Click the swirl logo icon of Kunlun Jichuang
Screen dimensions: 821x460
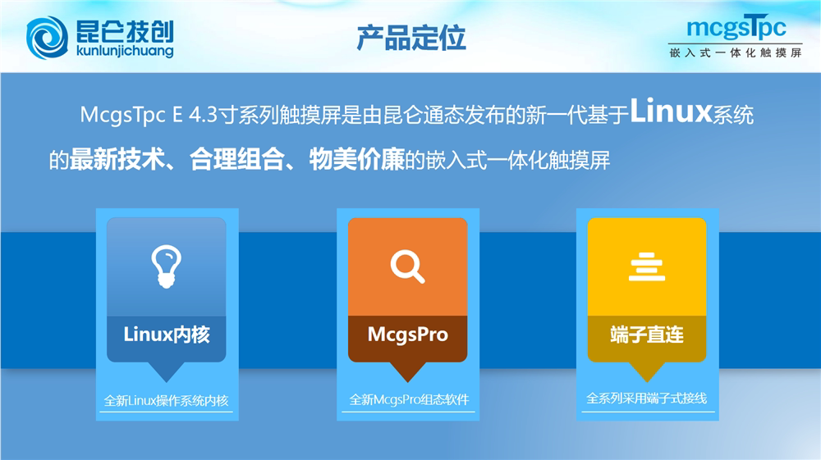47,38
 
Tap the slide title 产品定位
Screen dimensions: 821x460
411,39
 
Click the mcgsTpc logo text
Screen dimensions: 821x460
736,27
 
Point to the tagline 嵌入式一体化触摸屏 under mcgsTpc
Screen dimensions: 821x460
736,52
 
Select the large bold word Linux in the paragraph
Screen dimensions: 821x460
671,112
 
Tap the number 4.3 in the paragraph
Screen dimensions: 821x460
203,115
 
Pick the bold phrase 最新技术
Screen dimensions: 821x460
117,159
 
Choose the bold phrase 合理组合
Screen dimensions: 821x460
236,159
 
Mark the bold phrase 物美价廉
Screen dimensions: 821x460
357,159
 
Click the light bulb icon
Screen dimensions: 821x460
167,266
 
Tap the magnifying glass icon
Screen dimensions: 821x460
407,266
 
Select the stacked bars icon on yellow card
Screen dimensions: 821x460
647,266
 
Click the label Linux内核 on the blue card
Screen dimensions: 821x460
167,335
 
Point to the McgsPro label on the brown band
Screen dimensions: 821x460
408,335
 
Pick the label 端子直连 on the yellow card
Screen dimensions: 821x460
647,335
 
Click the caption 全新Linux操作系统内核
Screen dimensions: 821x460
167,401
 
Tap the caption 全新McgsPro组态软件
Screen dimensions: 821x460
409,400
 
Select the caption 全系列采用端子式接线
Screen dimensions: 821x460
647,399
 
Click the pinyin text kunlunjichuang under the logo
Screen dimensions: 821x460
125,51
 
